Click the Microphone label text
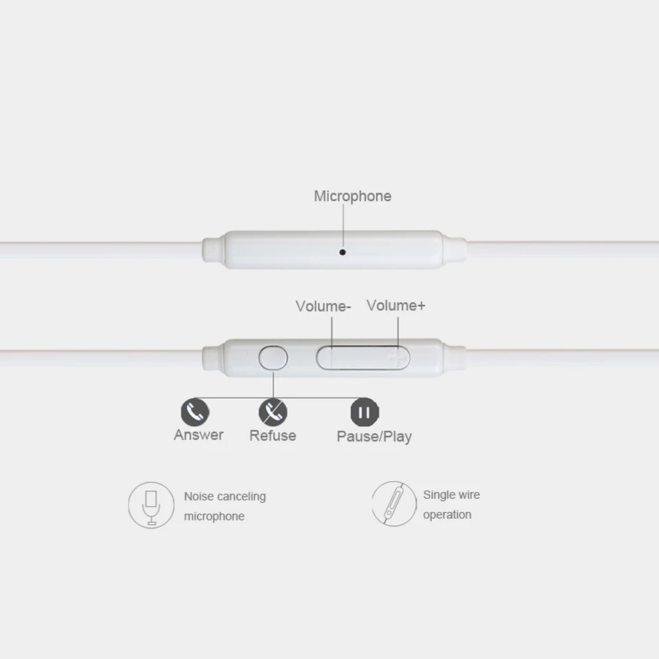coord(352,196)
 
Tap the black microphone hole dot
coord(343,252)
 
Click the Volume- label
coord(323,306)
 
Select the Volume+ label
coord(396,305)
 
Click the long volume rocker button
coord(362,358)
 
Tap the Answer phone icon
coord(195,412)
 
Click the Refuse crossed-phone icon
coord(273,412)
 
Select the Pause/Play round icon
coord(365,412)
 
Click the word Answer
coord(198,435)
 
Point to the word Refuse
coord(273,435)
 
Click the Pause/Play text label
coord(374,437)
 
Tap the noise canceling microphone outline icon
coord(151,505)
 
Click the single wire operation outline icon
coord(394,504)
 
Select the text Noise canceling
coord(224,496)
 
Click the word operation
coord(447,515)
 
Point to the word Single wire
coord(451,495)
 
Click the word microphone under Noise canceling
coord(214,516)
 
